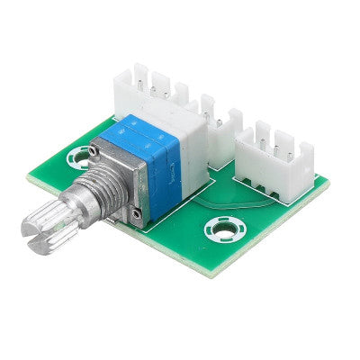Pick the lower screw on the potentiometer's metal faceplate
coord(133,213)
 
